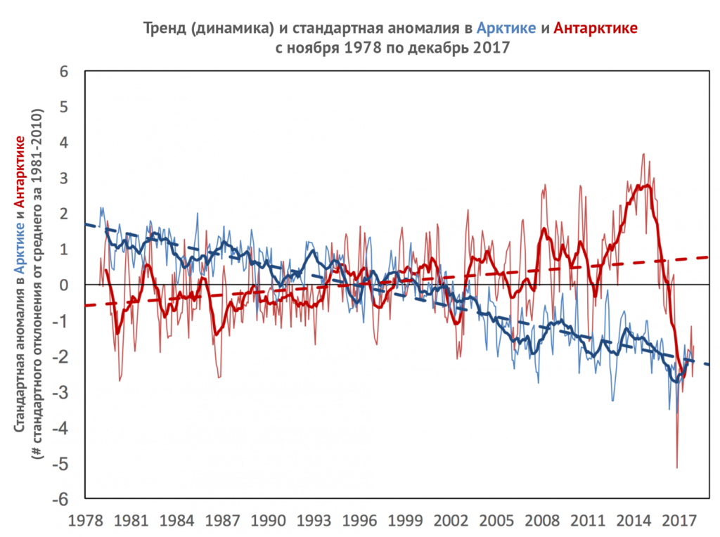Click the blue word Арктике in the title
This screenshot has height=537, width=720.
click(x=505, y=28)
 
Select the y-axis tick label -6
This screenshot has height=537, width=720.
click(x=61, y=499)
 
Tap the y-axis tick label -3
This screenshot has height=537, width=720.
click(x=61, y=392)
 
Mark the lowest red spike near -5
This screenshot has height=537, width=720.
click(x=676, y=467)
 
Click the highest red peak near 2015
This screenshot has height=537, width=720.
click(x=643, y=154)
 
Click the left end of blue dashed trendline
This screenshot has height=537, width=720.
click(x=85, y=224)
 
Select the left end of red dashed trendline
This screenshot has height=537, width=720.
click(x=85, y=306)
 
